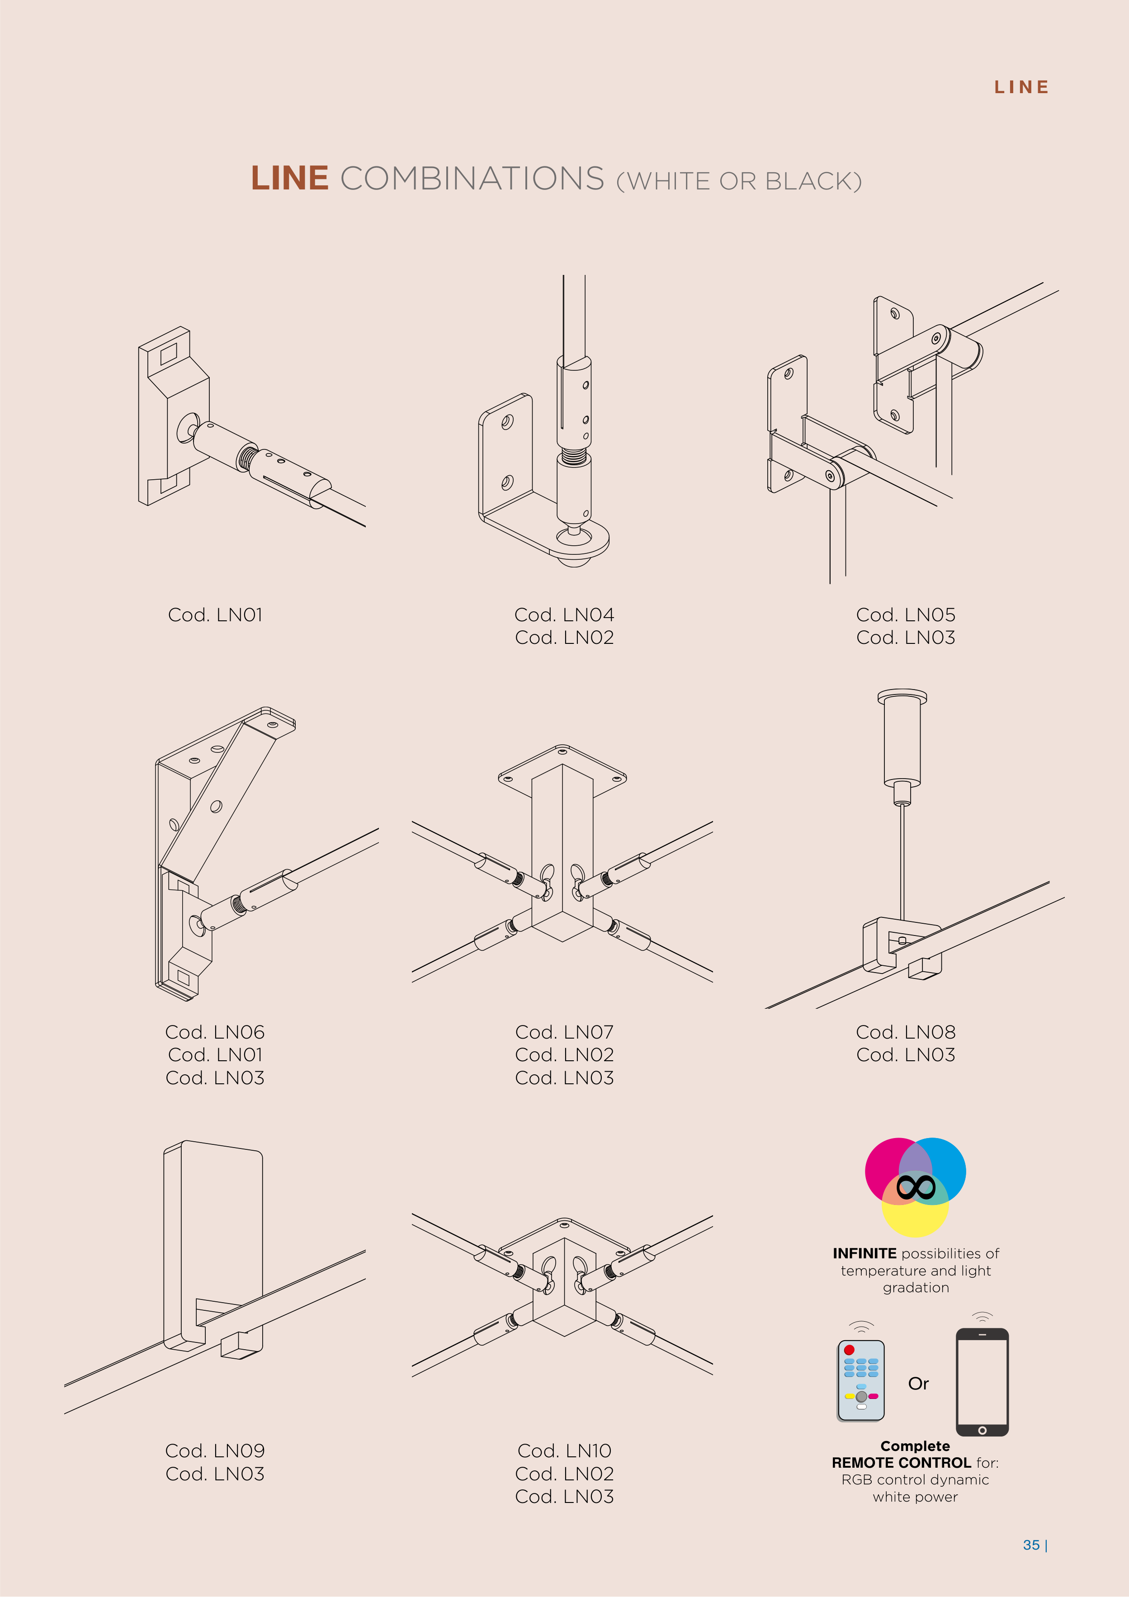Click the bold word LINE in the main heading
pos(289,179)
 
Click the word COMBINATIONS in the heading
pos(472,179)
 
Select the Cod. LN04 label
pos(564,615)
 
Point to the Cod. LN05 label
pos(906,615)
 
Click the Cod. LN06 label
pos(215,1032)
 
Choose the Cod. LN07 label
pos(564,1032)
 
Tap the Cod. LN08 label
pos(906,1032)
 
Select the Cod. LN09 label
pos(215,1451)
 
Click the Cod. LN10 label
pos(564,1451)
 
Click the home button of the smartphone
pos(982,1430)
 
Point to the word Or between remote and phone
pos(918,1384)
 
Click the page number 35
pos(1031,1545)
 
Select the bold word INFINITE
pos(864,1253)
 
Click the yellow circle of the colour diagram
pos(915,1221)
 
